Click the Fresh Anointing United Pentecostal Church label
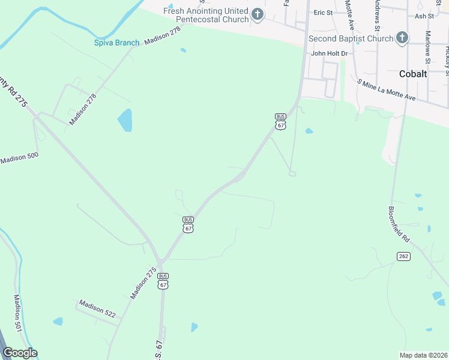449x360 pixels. [206, 15]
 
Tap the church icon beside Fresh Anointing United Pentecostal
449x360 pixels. [258, 14]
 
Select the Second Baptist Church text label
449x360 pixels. [351, 39]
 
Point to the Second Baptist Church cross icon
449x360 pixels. [402, 38]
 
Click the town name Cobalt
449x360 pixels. [413, 74]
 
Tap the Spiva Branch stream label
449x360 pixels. [116, 43]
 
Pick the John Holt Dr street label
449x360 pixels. [329, 53]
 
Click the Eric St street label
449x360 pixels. [323, 13]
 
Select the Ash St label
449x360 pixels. [424, 16]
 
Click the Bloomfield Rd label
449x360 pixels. [399, 224]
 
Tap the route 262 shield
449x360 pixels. [403, 256]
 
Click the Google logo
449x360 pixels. [20, 353]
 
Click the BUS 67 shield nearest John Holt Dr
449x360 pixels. [280, 122]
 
